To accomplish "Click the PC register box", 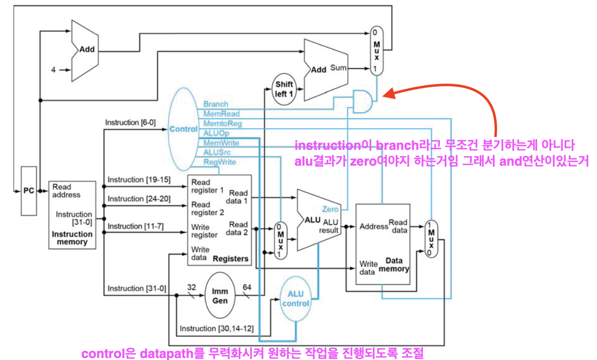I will [29, 190].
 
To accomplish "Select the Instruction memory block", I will [72, 215].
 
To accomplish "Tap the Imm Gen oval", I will [220, 295].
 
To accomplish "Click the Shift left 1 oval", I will [284, 89].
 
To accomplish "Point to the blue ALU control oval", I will [296, 298].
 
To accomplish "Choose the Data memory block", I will [383, 244].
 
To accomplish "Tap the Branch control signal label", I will [215, 104].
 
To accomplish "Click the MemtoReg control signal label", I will [222, 124].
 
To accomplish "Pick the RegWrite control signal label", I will [219, 162].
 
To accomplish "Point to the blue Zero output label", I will [330, 209].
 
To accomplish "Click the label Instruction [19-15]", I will [139, 180].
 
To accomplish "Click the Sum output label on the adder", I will [339, 68].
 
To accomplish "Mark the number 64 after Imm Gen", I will [247, 287].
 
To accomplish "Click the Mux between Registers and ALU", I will [280, 240].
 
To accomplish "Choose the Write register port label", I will [204, 231].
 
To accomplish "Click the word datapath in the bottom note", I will [165, 354].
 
